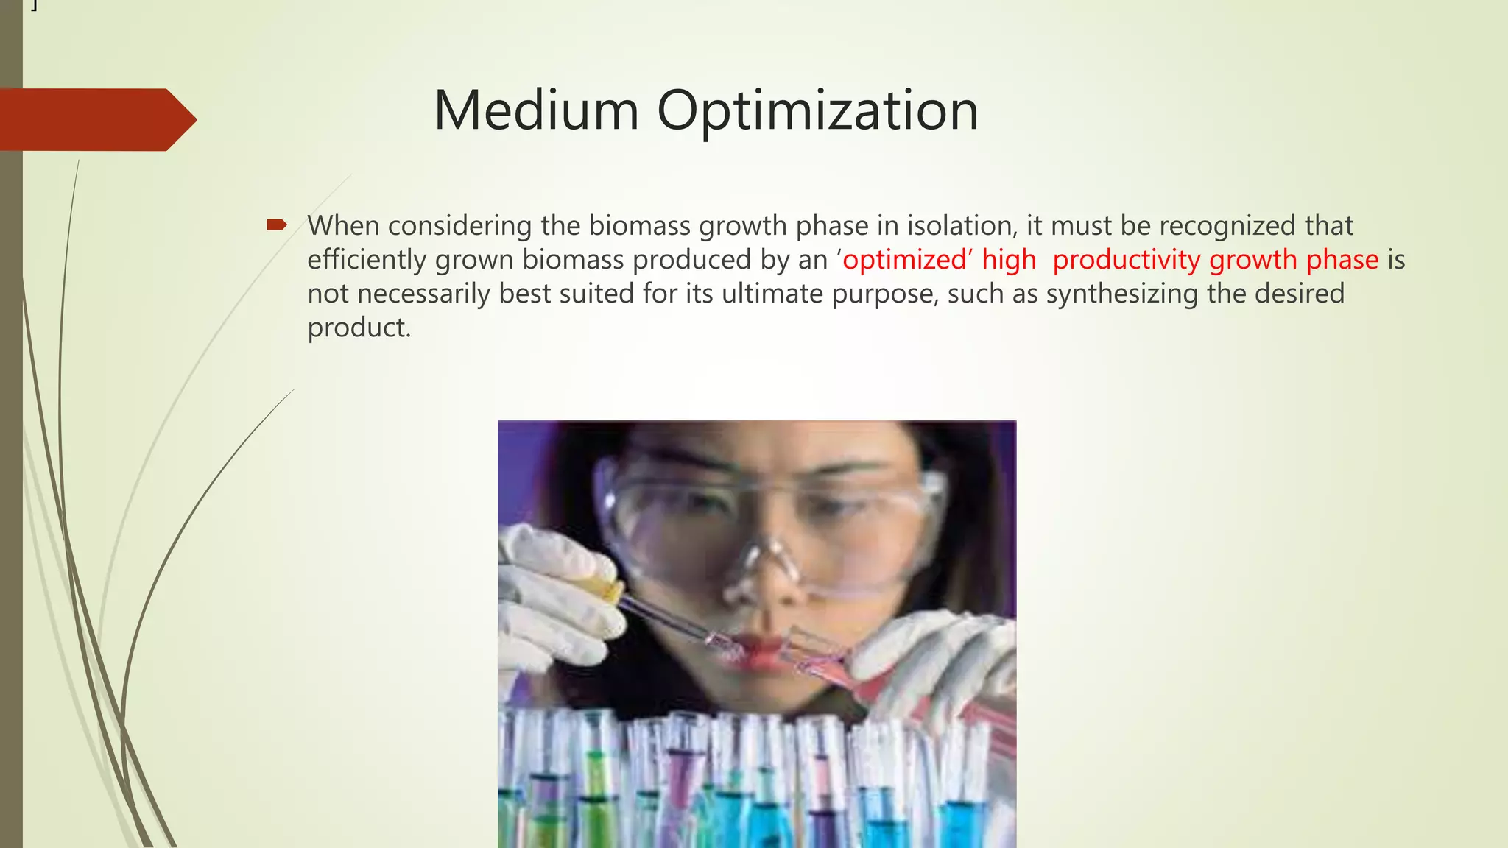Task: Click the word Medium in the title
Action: tap(536, 110)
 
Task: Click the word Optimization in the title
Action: tap(817, 112)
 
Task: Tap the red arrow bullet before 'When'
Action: tap(276, 225)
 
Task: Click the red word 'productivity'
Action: tap(1127, 260)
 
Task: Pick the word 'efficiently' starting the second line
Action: tap(367, 260)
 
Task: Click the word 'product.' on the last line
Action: tap(359, 328)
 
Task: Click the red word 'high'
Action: tap(1009, 260)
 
